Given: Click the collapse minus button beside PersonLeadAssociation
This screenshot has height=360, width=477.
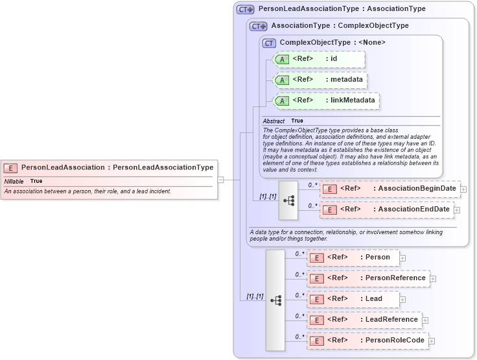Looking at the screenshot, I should click(x=221, y=180).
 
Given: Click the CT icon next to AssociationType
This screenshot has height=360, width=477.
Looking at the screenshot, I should click(x=259, y=26).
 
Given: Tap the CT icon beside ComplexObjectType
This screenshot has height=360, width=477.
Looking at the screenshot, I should click(x=269, y=43).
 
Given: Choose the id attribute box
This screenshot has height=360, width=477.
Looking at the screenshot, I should click(x=318, y=59).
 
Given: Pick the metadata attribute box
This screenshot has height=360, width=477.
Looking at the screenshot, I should click(x=320, y=80).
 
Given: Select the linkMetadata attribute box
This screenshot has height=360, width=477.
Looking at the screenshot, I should click(x=325, y=101).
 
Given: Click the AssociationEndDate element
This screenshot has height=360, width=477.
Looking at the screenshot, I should click(x=386, y=210).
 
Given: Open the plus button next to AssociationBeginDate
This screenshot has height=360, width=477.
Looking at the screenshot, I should click(x=463, y=189).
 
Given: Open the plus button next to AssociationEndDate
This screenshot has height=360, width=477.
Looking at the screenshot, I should click(x=457, y=210).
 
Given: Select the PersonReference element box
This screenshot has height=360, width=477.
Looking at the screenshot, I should click(x=367, y=278).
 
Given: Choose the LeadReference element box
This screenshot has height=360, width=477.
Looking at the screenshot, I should click(x=364, y=320).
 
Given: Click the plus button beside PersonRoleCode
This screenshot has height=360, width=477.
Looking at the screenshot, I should click(x=432, y=341).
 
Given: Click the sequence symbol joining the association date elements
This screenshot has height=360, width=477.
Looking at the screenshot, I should click(x=288, y=200).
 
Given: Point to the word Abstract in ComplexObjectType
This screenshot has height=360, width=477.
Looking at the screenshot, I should click(x=273, y=121).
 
